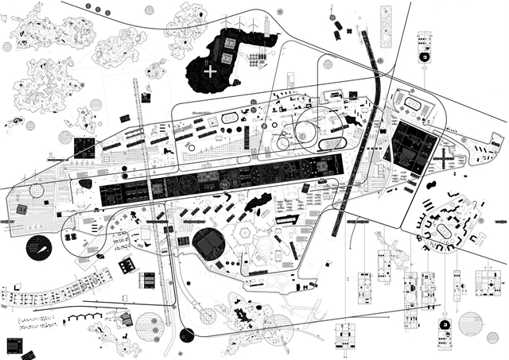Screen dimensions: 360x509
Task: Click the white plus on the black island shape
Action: [x=210, y=72]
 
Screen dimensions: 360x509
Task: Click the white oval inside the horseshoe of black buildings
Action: [x=443, y=229]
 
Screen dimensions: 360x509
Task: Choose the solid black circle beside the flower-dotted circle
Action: [x=187, y=335]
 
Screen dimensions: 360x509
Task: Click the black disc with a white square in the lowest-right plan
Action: [x=446, y=326]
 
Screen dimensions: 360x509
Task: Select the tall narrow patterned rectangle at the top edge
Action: [x=386, y=25]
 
